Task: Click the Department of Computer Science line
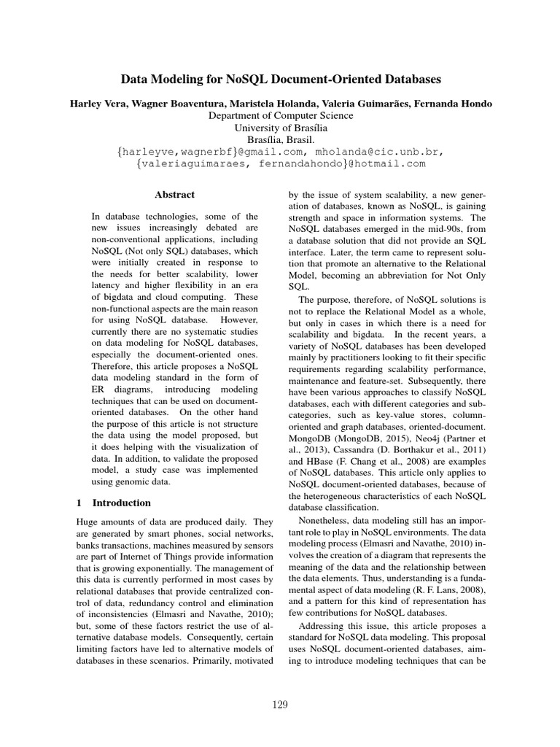coord(281,115)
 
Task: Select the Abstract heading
coord(174,195)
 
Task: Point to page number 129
coord(280,704)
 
